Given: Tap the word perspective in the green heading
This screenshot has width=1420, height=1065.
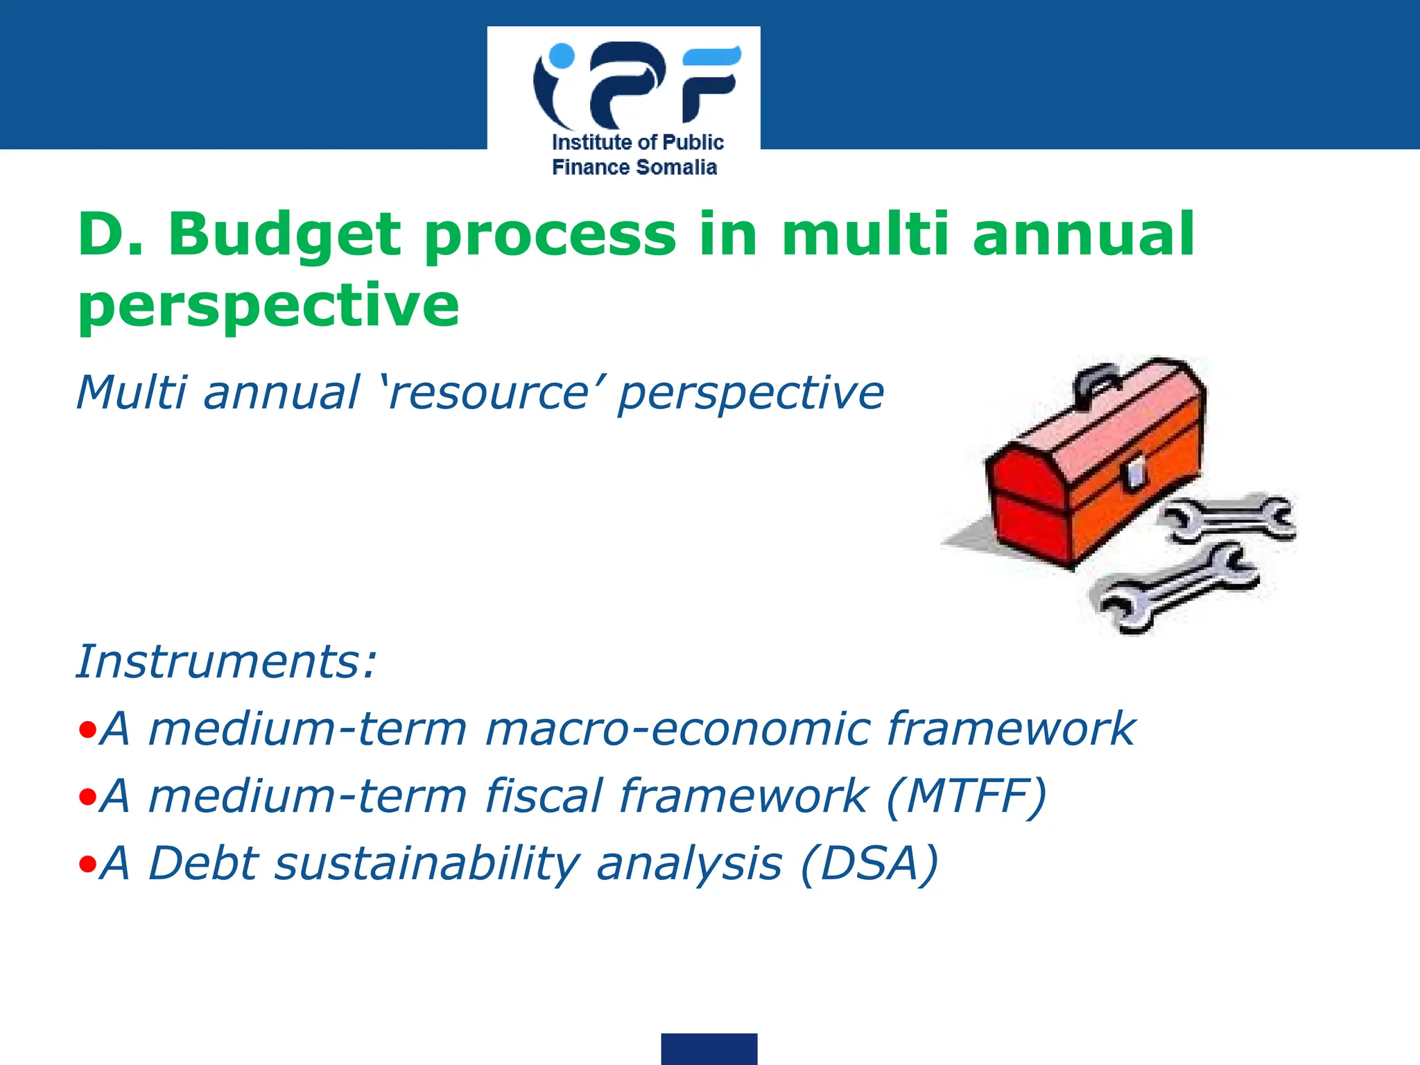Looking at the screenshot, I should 268,306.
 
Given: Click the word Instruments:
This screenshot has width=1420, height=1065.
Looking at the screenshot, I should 226,661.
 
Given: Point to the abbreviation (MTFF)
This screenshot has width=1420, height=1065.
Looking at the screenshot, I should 966,795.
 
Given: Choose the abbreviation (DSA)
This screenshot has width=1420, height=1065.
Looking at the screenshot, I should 869,863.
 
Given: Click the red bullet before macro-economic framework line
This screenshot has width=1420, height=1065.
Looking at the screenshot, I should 87,729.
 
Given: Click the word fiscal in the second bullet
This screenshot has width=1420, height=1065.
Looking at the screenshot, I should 544,795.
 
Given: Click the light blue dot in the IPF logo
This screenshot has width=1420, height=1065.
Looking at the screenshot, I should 560,56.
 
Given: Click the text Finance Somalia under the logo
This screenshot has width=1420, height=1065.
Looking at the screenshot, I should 634,167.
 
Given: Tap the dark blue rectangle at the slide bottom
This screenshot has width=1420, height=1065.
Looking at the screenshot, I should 709,1048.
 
